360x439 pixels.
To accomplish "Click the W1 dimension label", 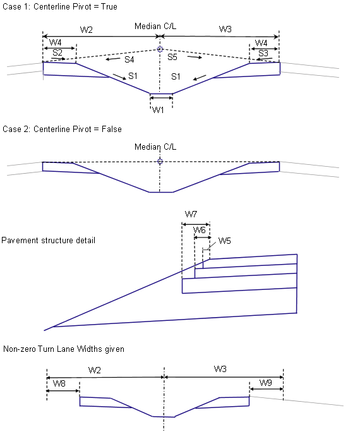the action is pyautogui.click(x=158, y=110).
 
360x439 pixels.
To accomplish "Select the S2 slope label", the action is pyautogui.click(x=57, y=52).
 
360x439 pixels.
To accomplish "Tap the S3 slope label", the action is pyautogui.click(x=263, y=53).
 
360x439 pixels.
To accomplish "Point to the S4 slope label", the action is pyautogui.click(x=129, y=59).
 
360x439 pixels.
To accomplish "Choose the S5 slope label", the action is pyautogui.click(x=172, y=57).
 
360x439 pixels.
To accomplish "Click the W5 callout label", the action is pyautogui.click(x=224, y=241).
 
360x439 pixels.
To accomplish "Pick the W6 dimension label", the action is pyautogui.click(x=200, y=230).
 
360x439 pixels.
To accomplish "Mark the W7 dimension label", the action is pyautogui.click(x=191, y=215).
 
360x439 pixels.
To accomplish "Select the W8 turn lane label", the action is pyautogui.click(x=59, y=383).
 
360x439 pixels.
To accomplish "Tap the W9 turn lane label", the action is pyautogui.click(x=266, y=382).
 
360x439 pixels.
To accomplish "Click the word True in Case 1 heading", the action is pyautogui.click(x=109, y=7).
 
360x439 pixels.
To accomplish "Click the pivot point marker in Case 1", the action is pyautogui.click(x=160, y=49).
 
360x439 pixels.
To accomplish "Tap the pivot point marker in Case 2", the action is pyautogui.click(x=160, y=161).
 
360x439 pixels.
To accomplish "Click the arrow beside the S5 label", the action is pyautogui.click(x=195, y=57).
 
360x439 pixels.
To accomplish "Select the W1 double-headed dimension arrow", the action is pyautogui.click(x=161, y=98).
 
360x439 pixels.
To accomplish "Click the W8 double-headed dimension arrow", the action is pyautogui.click(x=63, y=391).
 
